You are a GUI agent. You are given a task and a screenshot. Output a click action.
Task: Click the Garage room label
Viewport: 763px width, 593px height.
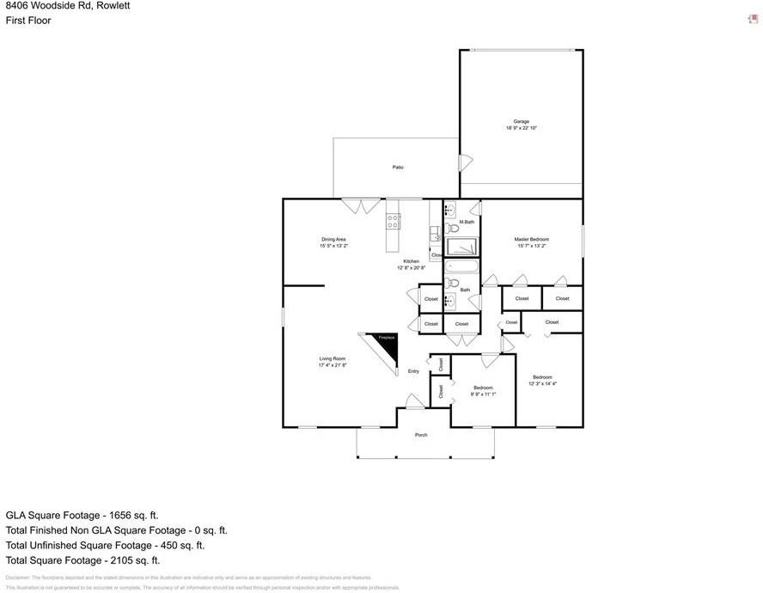click(522, 121)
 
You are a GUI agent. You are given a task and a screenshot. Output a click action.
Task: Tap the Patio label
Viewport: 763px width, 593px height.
click(398, 168)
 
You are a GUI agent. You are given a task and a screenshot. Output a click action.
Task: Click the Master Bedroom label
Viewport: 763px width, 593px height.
click(532, 239)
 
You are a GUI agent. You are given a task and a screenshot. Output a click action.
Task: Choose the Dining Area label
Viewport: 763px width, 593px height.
click(334, 239)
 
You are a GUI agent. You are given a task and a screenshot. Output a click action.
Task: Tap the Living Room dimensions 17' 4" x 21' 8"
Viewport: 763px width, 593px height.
click(333, 365)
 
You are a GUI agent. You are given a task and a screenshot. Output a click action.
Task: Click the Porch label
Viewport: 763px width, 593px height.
click(421, 435)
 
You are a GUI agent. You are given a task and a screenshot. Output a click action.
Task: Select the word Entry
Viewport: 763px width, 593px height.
click(413, 371)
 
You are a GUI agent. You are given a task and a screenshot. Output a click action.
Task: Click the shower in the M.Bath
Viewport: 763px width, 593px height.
click(462, 248)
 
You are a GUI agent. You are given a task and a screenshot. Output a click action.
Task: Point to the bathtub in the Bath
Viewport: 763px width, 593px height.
click(462, 266)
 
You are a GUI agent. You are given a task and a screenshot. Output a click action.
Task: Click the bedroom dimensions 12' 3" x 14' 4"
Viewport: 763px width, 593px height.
click(542, 384)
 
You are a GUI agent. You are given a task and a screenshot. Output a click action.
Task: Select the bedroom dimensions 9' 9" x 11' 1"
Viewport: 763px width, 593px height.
click(483, 394)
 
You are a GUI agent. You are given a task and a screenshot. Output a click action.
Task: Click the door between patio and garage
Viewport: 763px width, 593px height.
click(464, 162)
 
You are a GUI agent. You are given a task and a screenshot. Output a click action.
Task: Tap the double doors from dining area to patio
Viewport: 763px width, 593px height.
click(361, 206)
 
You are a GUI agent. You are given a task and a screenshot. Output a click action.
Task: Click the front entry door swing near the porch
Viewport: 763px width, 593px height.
click(414, 401)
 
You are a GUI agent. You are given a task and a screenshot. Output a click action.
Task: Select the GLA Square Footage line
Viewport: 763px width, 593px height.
click(82, 515)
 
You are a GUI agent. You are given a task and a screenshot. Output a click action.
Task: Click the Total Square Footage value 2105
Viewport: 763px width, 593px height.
click(121, 560)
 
